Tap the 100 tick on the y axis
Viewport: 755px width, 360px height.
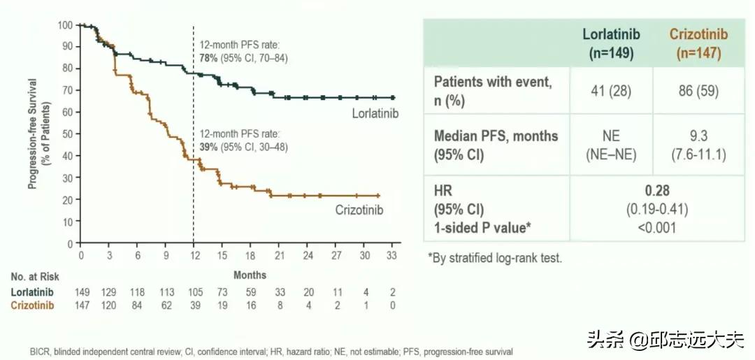[x=65, y=25]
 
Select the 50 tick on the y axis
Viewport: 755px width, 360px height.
[x=67, y=134]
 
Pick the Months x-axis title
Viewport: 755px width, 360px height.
[x=250, y=275]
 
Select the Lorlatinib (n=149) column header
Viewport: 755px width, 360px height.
[x=612, y=43]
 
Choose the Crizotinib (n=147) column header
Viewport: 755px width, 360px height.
[x=698, y=43]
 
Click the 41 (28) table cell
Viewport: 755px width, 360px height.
[x=611, y=91]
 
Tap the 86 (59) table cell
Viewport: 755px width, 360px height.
[x=698, y=91]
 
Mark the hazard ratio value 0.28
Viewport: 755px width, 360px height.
[x=654, y=191]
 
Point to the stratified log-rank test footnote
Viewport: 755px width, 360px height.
[x=495, y=258]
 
